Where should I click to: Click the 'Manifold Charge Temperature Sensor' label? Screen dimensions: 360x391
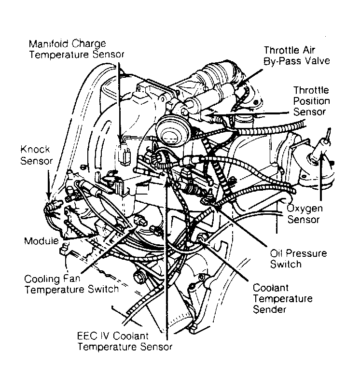(77, 49)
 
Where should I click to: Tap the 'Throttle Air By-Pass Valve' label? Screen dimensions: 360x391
(297, 56)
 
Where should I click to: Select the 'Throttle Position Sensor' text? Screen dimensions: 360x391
(311, 101)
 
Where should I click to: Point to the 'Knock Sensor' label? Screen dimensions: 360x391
(36, 155)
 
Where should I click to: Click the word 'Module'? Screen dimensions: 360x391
(42, 241)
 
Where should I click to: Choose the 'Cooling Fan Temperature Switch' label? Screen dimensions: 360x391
(71, 284)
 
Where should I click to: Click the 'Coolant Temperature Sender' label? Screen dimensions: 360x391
(282, 298)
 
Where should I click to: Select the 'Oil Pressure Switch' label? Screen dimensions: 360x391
(298, 259)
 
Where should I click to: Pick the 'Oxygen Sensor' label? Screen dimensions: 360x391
(305, 214)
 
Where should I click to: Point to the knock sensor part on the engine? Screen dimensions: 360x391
(52, 206)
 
